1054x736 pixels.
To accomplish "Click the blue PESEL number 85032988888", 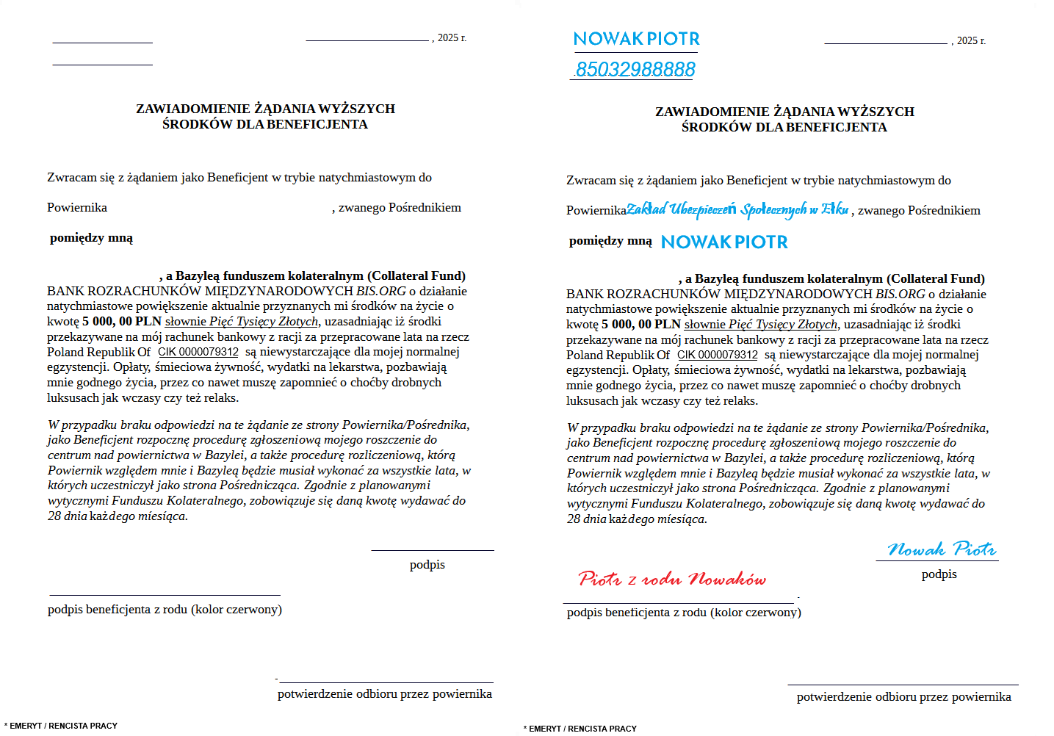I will click(x=635, y=69).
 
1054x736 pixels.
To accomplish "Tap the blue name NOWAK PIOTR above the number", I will click(x=636, y=39).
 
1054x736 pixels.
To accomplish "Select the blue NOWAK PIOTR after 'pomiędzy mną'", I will click(x=724, y=242).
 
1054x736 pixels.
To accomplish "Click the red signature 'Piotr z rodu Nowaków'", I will click(x=672, y=579).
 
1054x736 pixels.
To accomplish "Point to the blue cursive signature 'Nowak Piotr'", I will click(x=942, y=549).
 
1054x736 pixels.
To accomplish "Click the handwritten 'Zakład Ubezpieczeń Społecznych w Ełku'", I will click(x=737, y=210).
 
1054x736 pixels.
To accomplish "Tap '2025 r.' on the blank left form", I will click(x=452, y=37).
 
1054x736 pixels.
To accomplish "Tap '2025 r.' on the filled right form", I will click(x=971, y=40).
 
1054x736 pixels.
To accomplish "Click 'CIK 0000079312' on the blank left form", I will click(x=198, y=352).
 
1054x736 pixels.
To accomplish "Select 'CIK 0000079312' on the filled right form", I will click(x=718, y=355).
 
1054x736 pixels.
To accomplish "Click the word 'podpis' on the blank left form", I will click(x=427, y=564).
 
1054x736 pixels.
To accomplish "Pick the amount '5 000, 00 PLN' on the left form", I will click(x=122, y=321).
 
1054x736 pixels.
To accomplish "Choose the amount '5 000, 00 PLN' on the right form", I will click(x=641, y=324).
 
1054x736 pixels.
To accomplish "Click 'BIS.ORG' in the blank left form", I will click(x=381, y=291).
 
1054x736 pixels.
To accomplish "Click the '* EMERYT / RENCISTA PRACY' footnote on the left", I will click(x=61, y=726).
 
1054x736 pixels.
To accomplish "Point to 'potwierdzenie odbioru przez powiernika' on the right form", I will click(x=903, y=696).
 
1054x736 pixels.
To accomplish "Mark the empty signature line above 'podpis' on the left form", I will click(x=433, y=549).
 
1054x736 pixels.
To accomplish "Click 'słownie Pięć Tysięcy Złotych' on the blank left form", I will click(x=242, y=321).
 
